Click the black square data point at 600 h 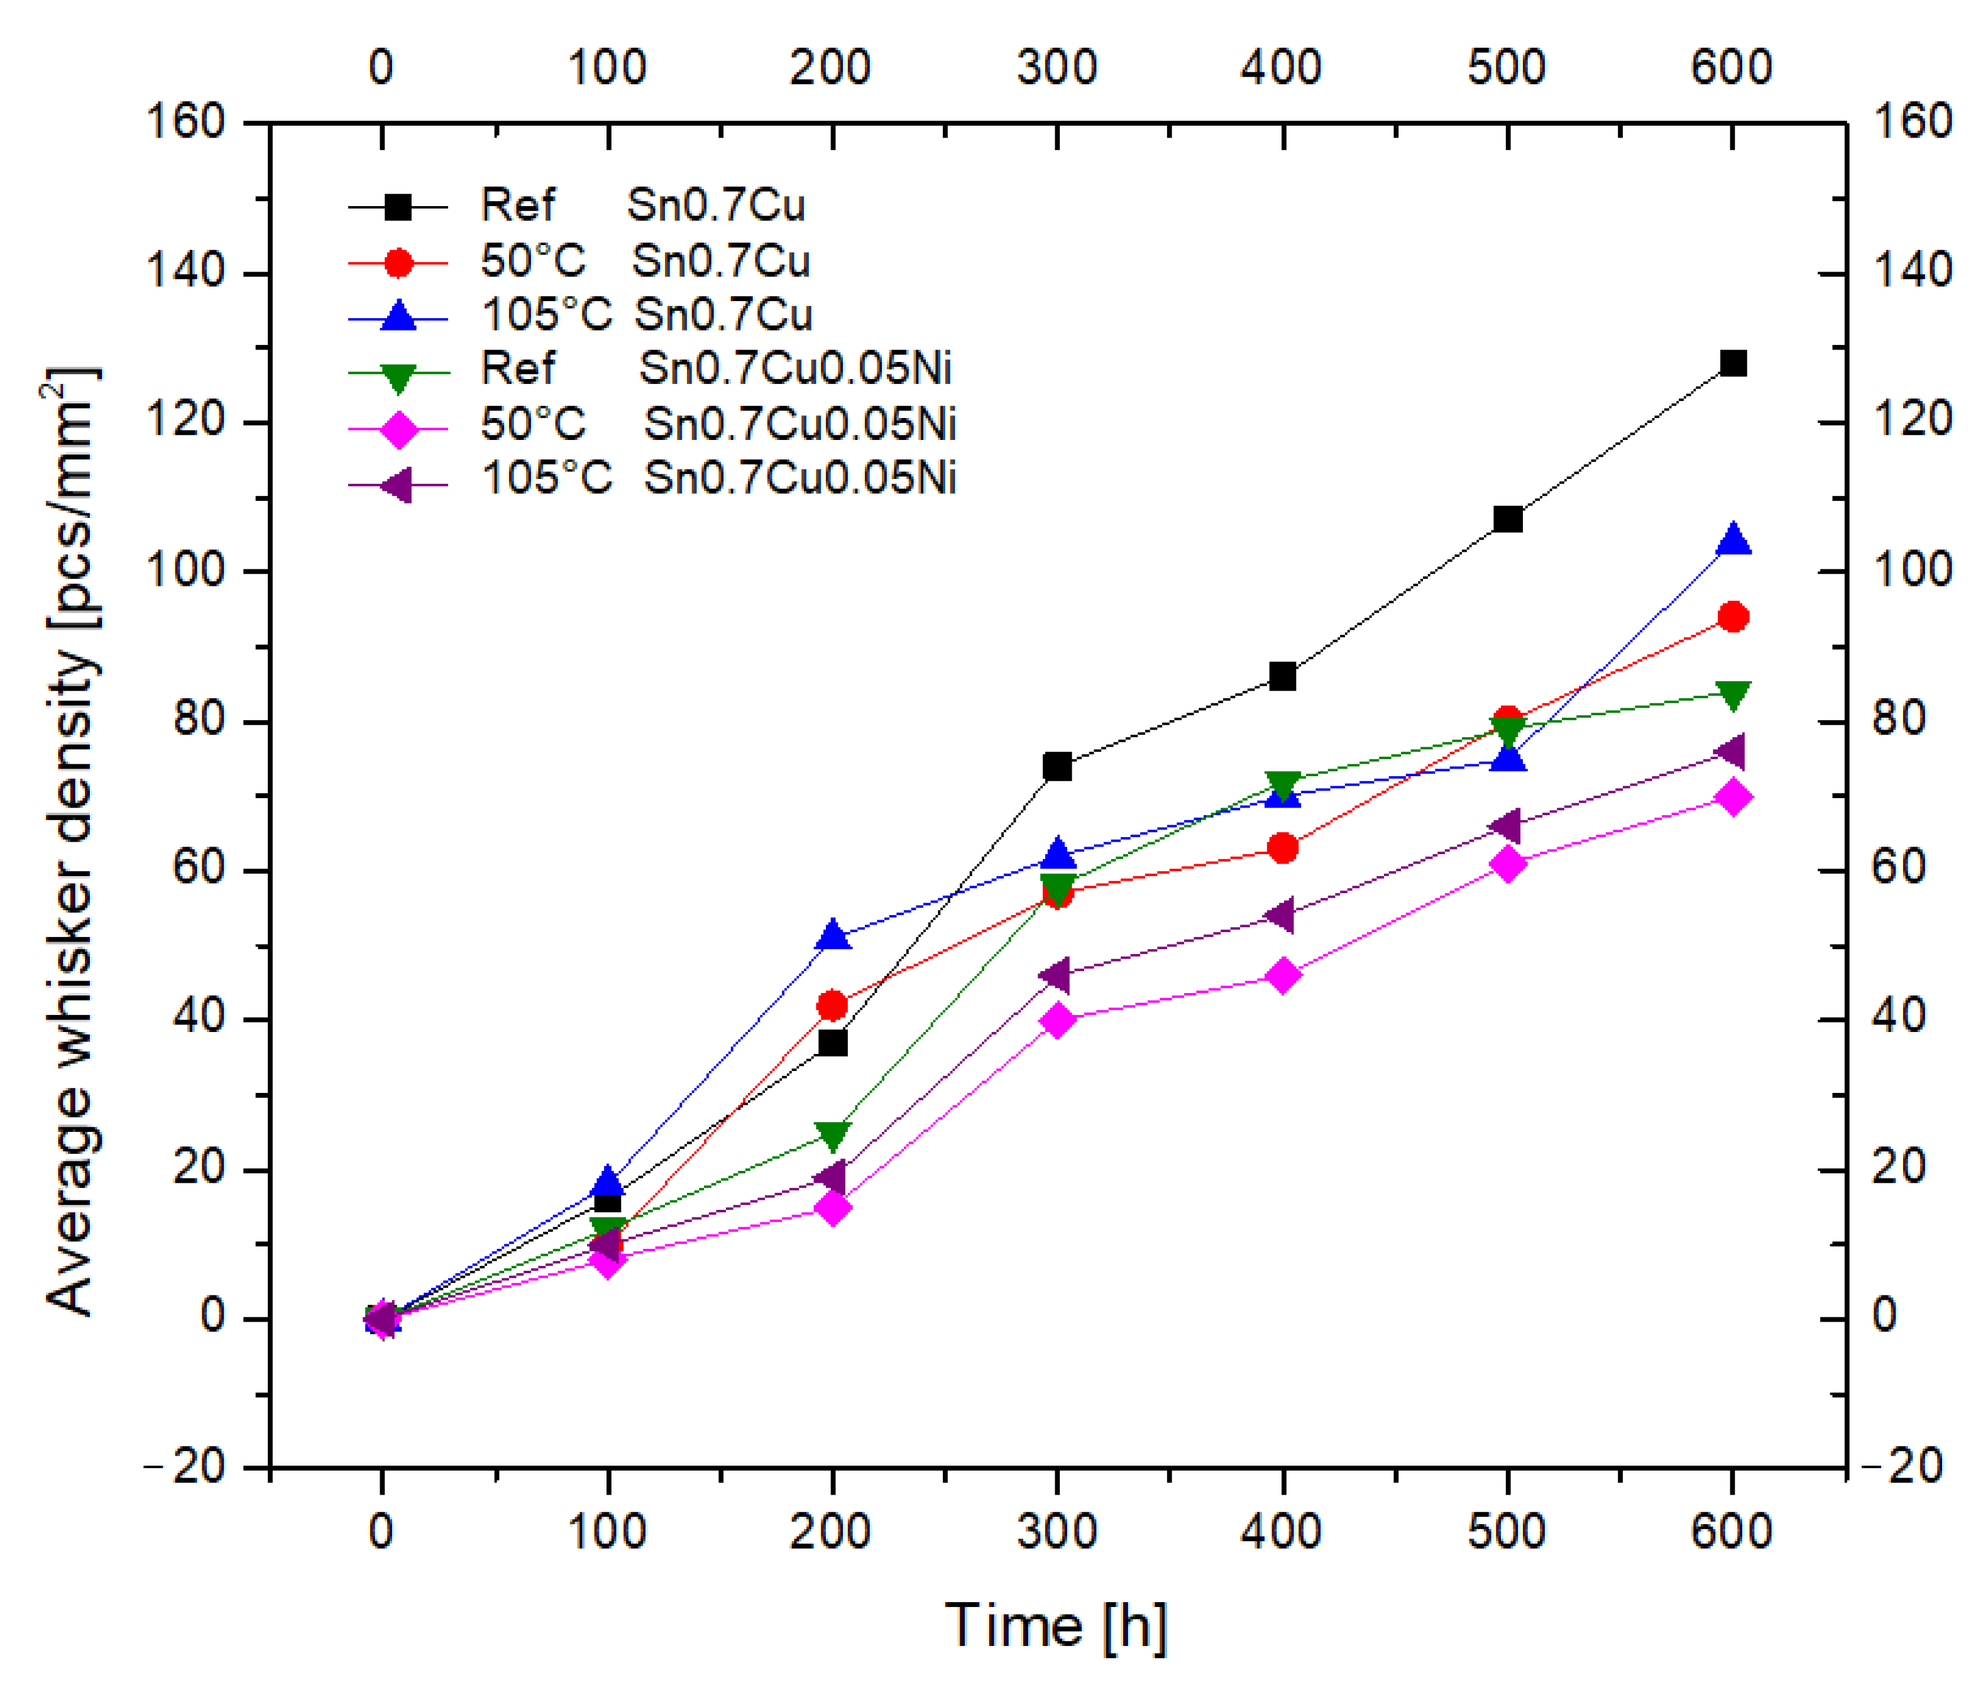pyautogui.click(x=1732, y=364)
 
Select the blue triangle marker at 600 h pyautogui.click(x=1732, y=540)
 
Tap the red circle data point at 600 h pyautogui.click(x=1732, y=617)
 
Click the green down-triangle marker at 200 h pyautogui.click(x=833, y=1136)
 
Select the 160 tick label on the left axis pyautogui.click(x=184, y=123)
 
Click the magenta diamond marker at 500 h pyautogui.click(x=1507, y=864)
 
